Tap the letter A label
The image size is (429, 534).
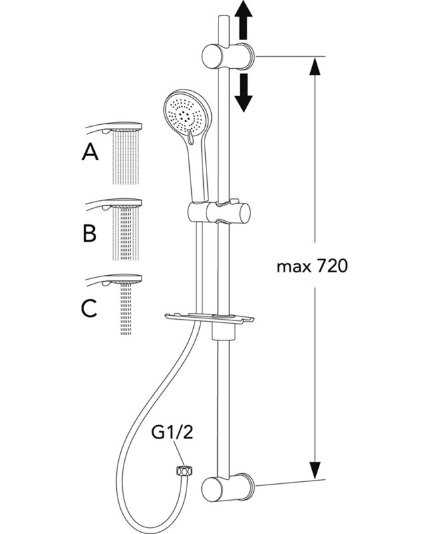[90, 154]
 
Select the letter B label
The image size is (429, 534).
[90, 233]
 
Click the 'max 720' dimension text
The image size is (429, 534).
[312, 267]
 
